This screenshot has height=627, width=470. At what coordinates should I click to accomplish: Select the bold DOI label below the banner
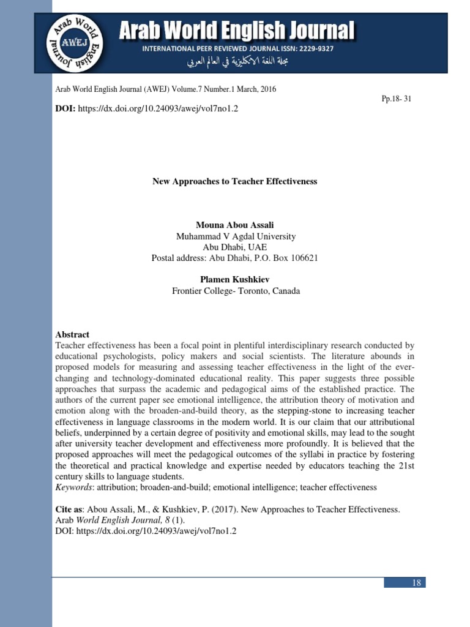point(65,108)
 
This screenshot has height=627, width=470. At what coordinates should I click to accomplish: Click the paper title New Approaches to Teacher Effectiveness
point(234,182)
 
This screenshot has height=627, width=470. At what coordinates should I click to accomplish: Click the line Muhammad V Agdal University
point(236,236)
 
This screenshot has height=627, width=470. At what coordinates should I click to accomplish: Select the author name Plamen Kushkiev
point(236,279)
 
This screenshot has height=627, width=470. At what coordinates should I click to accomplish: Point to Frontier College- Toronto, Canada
point(236,291)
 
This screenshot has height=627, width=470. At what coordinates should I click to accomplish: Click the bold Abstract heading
point(72,334)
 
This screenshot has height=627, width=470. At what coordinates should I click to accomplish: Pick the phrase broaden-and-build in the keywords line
point(173,487)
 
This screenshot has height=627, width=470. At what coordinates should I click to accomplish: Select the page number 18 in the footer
point(417,582)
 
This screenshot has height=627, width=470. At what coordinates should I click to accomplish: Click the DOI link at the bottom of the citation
point(156,531)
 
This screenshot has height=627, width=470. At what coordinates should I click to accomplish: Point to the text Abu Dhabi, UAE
point(236,247)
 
